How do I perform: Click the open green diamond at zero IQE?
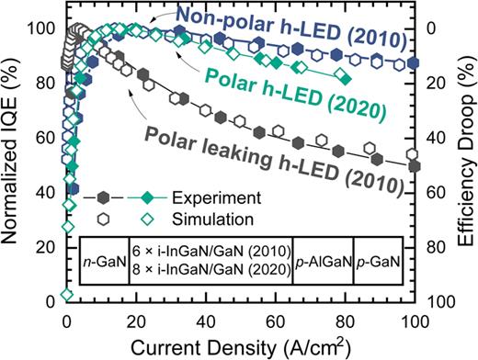click(66, 295)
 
